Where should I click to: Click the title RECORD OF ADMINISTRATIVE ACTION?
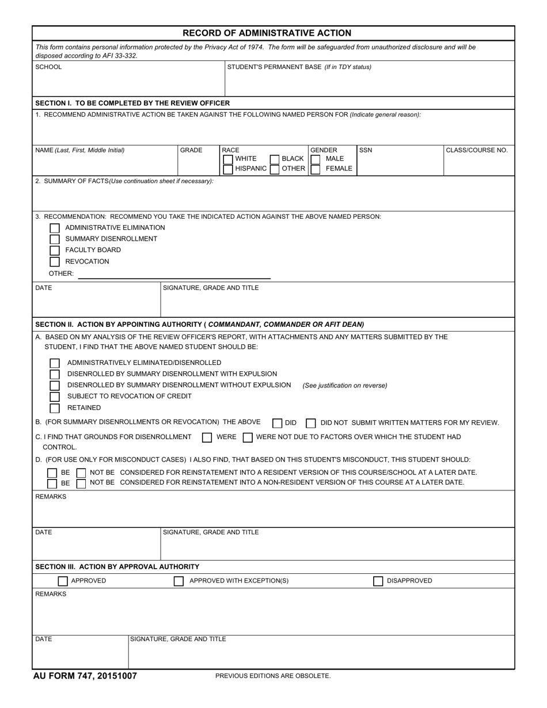click(267, 33)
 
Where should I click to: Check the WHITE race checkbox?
click(228, 159)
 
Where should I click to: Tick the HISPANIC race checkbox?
click(228, 169)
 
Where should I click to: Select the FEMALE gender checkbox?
click(316, 169)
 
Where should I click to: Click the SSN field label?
click(366, 150)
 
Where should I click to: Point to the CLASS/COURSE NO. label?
click(477, 150)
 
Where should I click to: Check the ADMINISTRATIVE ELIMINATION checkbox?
click(55, 228)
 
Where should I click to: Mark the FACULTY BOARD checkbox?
click(55, 250)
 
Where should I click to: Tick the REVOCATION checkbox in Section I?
click(55, 262)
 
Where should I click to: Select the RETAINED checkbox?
click(55, 408)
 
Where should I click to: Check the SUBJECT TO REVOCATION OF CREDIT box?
click(55, 397)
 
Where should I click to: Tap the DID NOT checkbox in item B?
click(311, 423)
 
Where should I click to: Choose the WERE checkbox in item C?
click(207, 437)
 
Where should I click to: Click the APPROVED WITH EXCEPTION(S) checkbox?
click(179, 581)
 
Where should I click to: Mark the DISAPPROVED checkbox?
click(378, 581)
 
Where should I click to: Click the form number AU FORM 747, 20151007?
click(85, 676)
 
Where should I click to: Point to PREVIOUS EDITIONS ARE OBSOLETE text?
click(273, 676)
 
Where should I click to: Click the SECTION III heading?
click(117, 567)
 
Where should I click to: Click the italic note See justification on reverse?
click(345, 386)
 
